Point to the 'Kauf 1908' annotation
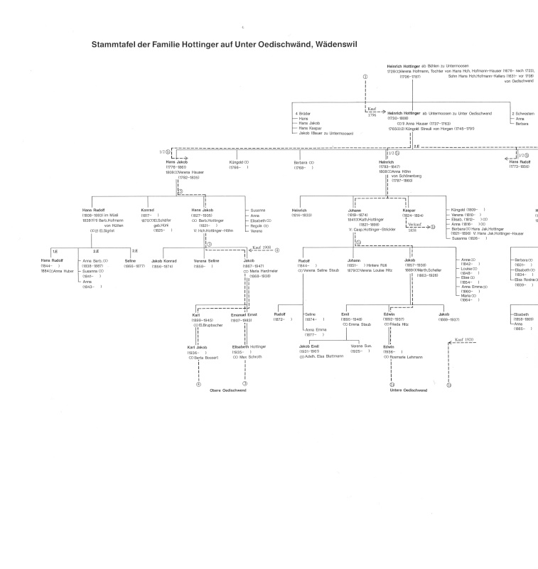coord(262,248)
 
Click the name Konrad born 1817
coord(148,210)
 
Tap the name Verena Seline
coord(205,262)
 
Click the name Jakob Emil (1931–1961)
coord(303,346)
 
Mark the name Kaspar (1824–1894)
coord(409,211)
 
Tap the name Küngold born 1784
coord(237,162)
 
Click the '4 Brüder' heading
coord(302,113)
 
